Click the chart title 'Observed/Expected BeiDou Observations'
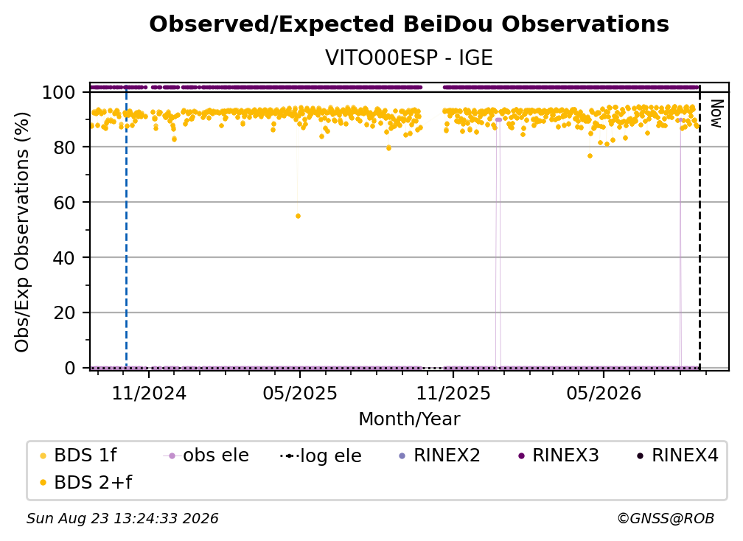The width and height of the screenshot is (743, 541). tap(409, 24)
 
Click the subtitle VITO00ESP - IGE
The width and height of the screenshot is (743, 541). tap(409, 57)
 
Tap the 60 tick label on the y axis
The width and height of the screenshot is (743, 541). tap(64, 202)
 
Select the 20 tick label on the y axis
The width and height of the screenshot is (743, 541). tap(64, 313)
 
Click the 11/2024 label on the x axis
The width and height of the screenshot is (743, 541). tap(149, 393)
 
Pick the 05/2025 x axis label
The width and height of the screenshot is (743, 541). tap(300, 393)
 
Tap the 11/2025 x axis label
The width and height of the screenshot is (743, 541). tap(453, 393)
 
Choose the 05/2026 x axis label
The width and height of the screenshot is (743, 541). tap(604, 393)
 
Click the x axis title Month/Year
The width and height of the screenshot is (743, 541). tap(409, 419)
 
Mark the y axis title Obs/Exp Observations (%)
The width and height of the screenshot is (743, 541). tap(22, 231)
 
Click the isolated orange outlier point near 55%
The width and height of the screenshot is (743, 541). tap(298, 216)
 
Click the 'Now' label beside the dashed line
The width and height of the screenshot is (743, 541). tap(716, 114)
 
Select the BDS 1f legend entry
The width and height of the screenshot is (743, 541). tap(79, 456)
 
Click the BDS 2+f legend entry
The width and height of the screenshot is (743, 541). tap(86, 482)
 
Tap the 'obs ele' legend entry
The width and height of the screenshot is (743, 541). tap(206, 456)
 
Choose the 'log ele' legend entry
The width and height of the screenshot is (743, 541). tap(321, 456)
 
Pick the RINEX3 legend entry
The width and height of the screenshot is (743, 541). tap(559, 456)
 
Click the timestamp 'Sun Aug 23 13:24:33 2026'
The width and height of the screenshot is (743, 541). tap(122, 518)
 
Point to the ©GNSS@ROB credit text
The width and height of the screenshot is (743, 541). tap(666, 518)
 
